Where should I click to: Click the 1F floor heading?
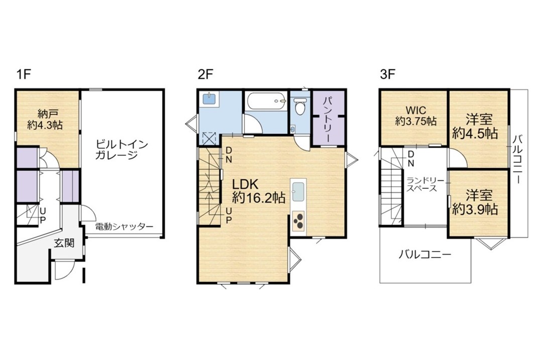coord(24,74)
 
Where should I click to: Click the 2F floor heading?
coord(206,74)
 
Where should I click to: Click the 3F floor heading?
coord(387,74)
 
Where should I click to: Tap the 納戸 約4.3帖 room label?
coord(45,119)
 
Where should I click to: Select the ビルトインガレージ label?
coord(121,149)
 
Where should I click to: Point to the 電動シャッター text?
coord(124,227)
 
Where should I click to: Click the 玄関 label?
coord(64,243)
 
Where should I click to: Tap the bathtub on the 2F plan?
coord(266,101)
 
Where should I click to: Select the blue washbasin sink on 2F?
coord(210,98)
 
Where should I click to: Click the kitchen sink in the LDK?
coord(298,192)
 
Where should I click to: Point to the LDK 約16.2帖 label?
coord(258,191)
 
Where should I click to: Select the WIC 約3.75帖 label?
coord(416,115)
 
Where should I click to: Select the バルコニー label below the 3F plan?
coord(425,255)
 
